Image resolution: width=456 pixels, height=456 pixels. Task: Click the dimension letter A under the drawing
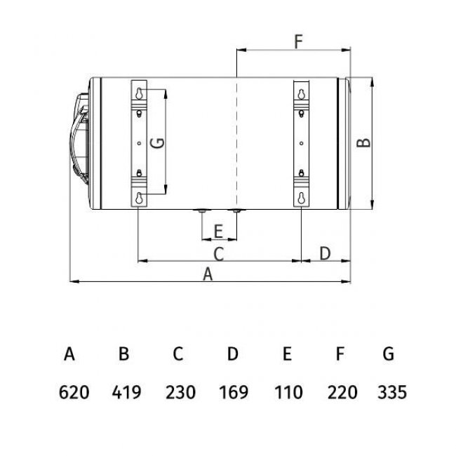(208, 275)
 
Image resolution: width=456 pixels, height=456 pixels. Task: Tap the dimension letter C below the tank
(218, 253)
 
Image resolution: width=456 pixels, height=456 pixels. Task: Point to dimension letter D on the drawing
(325, 253)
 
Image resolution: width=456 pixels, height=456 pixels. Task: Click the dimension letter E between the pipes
(218, 231)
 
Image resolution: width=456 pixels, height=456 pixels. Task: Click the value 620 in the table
(74, 391)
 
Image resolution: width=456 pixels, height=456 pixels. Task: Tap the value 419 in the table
(126, 391)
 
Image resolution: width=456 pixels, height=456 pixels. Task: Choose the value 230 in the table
(180, 391)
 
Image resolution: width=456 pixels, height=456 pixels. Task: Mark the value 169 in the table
(234, 391)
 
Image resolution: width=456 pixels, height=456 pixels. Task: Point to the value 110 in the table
(288, 391)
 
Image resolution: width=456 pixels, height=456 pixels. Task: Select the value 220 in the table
(342, 391)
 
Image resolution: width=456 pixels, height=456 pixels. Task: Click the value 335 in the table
(391, 391)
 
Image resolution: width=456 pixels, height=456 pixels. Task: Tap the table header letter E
(287, 354)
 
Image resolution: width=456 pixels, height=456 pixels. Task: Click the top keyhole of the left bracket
(141, 93)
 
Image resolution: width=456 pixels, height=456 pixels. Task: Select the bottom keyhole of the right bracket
(302, 197)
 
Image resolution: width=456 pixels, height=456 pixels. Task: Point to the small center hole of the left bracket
(141, 144)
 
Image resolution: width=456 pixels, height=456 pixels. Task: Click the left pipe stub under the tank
(201, 210)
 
